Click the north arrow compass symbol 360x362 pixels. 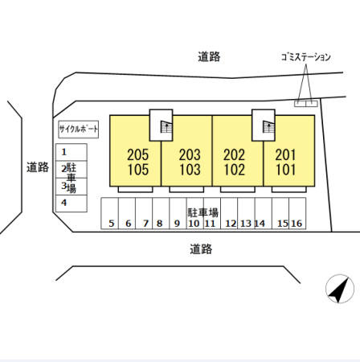340,289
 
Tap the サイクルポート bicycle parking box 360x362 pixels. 79,130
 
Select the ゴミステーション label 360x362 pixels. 305,57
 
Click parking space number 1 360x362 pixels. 72,152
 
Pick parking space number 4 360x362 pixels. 72,204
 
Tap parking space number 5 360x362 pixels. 109,213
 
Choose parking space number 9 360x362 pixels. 178,213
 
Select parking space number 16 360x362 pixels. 297,213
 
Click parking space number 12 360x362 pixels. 229,213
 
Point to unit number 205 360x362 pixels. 137,154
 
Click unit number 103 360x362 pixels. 190,170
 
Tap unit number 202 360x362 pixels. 234,154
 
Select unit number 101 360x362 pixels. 285,170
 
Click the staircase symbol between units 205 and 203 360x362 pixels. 166,127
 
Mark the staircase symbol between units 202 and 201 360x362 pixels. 268,127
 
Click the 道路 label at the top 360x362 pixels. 209,56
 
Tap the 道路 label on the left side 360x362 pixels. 38,167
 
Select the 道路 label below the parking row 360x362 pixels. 201,249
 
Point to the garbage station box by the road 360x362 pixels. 306,104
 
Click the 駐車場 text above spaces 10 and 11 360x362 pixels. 202,212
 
